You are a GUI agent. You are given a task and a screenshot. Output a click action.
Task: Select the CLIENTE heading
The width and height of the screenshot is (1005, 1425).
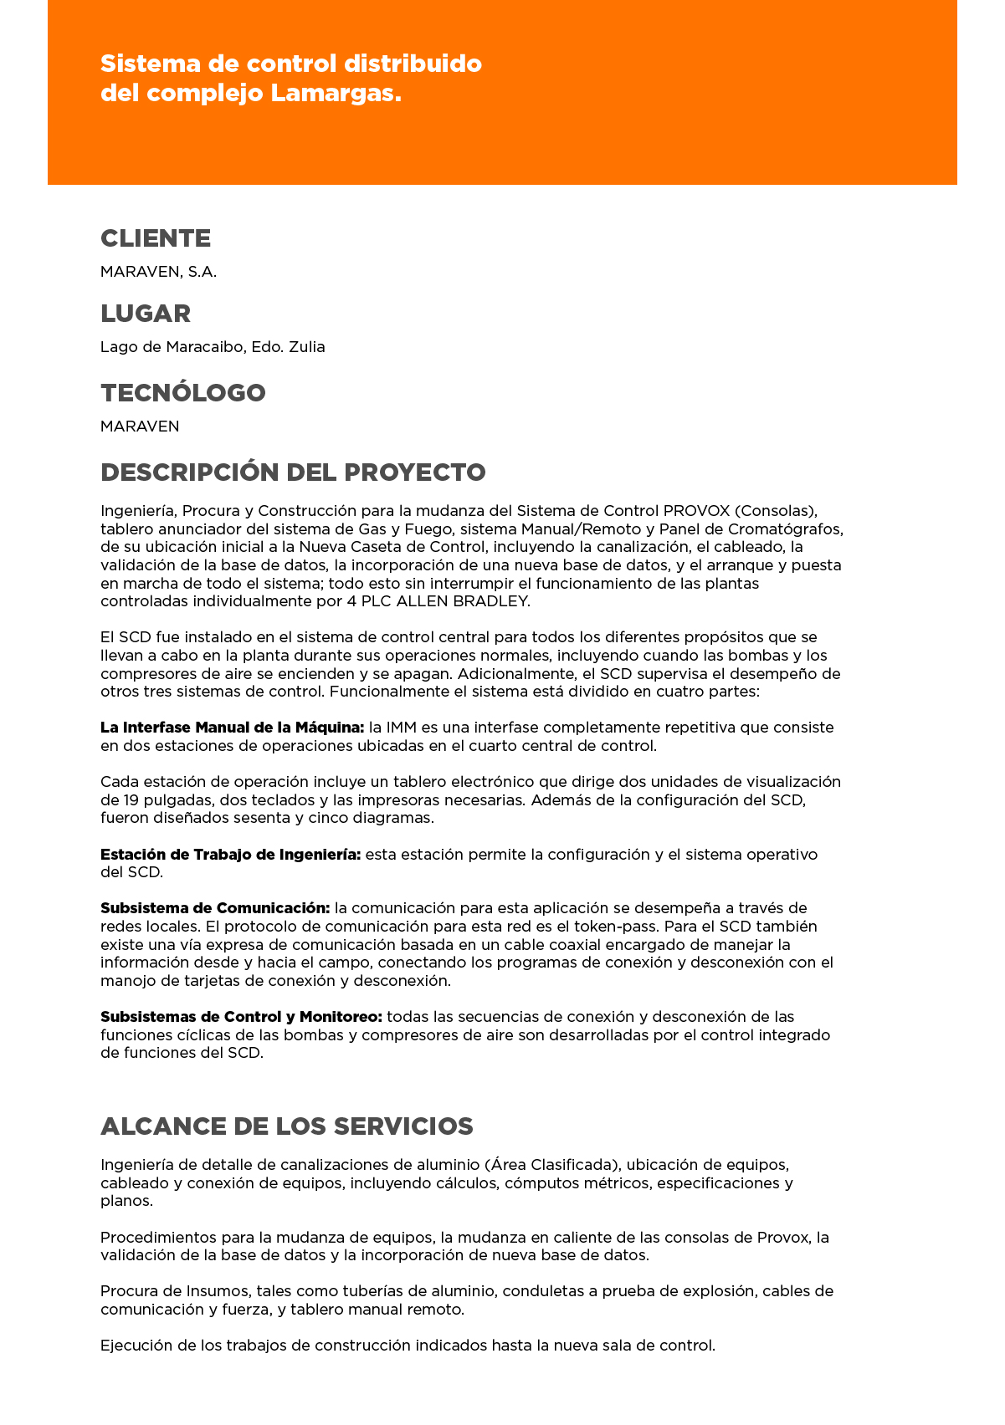pyautogui.click(x=156, y=238)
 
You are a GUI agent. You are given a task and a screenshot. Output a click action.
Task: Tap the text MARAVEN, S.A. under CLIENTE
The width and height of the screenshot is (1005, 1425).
pyautogui.click(x=158, y=272)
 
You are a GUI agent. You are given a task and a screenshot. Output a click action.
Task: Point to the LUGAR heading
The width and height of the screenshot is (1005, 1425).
pyautogui.click(x=146, y=314)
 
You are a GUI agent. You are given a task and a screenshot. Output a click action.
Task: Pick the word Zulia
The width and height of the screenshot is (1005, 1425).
pyautogui.click(x=306, y=347)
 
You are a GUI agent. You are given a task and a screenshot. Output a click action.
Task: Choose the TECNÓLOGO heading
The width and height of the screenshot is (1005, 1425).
pyautogui.click(x=182, y=393)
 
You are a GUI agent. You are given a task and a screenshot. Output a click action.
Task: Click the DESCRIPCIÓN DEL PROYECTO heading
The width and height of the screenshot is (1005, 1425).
pyautogui.click(x=293, y=472)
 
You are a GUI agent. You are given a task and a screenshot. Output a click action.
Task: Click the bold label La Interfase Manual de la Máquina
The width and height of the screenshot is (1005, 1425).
pyautogui.click(x=232, y=728)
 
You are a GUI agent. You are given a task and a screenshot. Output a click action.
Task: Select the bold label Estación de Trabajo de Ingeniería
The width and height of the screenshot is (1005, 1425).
pyautogui.click(x=230, y=855)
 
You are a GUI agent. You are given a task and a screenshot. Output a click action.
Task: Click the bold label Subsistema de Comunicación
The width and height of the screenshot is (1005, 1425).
pyautogui.click(x=215, y=908)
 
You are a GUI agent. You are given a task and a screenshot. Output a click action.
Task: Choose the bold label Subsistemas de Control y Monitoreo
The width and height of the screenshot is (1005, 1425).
pyautogui.click(x=241, y=1017)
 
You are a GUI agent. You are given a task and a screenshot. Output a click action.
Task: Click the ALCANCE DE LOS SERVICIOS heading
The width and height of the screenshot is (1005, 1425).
pyautogui.click(x=286, y=1126)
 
